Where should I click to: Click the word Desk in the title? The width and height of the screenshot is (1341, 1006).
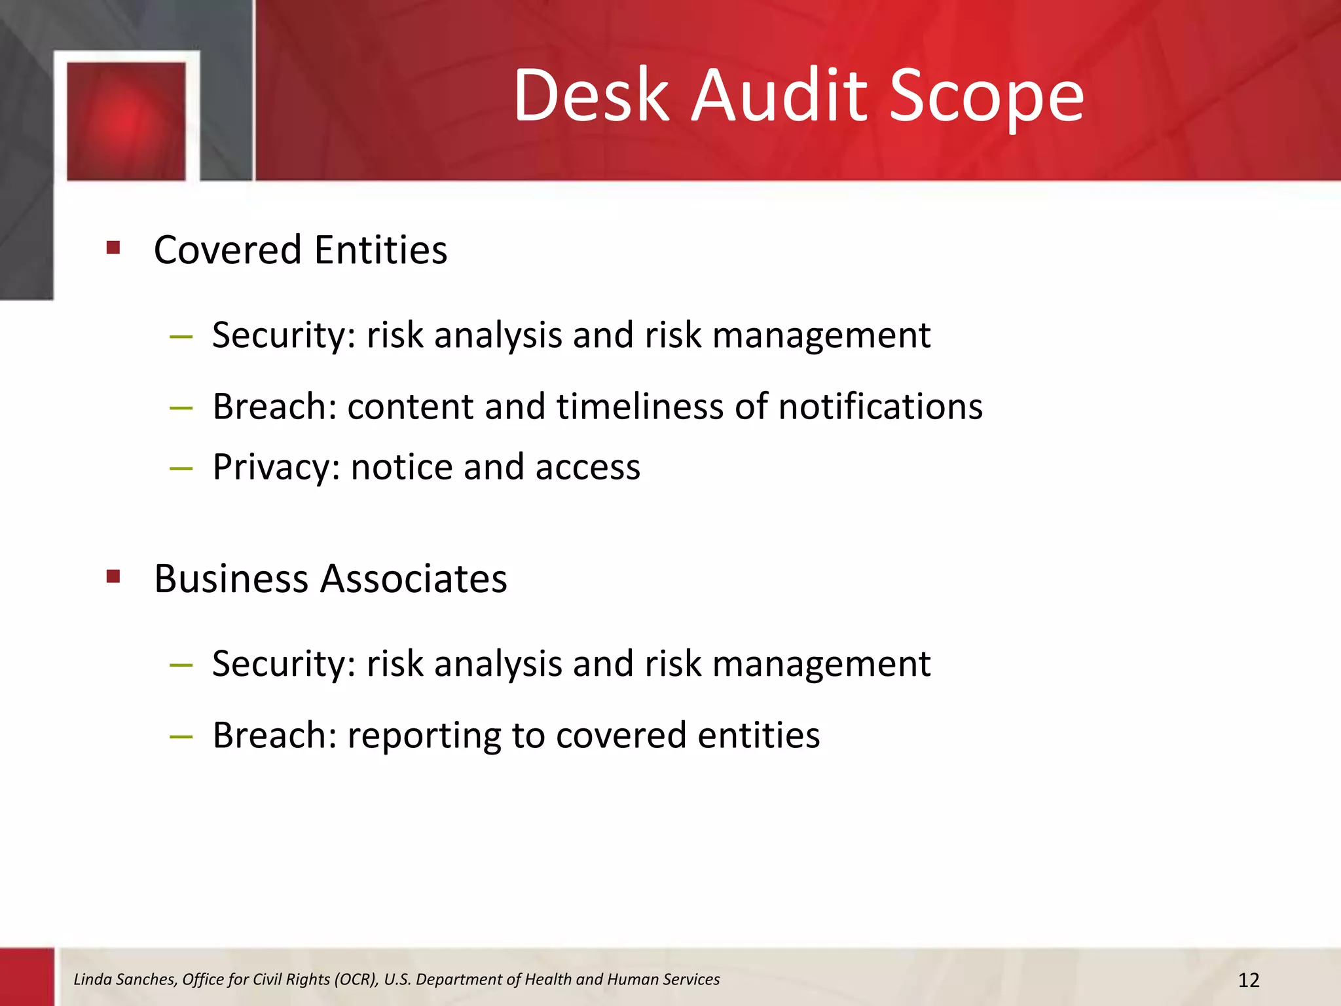coord(591,96)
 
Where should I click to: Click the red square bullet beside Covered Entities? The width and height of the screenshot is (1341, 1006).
coord(113,248)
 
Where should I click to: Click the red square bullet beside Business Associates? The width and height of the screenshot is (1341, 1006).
coord(113,576)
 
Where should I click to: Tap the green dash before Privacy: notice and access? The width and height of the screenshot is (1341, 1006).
coord(181,468)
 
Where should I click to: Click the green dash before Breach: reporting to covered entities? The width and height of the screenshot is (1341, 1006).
coord(181,737)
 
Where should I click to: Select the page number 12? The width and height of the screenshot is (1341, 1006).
coord(1249,980)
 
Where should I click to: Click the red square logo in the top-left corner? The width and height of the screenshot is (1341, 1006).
coord(126,121)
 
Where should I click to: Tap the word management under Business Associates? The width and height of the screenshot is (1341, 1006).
coord(821,664)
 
